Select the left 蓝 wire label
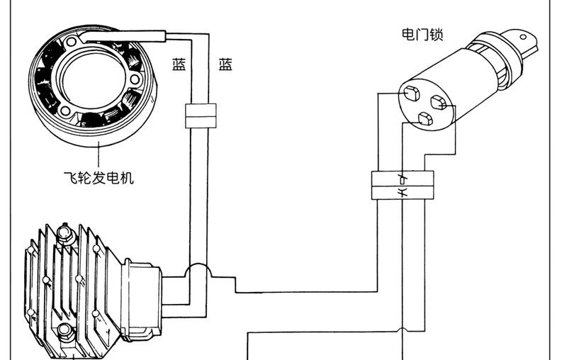pos(179,65)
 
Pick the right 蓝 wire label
pos(226,65)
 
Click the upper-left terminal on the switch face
pos(411,92)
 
